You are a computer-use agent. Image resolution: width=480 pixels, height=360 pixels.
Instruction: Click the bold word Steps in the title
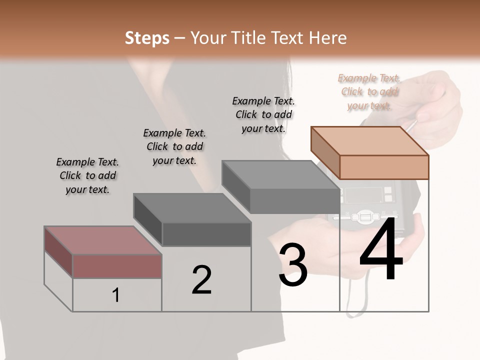(x=147, y=38)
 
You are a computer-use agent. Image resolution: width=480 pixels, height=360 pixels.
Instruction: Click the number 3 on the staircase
(x=293, y=265)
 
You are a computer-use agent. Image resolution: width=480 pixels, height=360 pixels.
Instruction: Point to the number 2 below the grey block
(x=201, y=280)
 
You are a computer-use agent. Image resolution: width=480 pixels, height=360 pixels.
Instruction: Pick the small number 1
(x=116, y=295)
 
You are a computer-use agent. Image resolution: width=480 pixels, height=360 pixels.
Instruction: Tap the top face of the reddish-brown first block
(x=102, y=240)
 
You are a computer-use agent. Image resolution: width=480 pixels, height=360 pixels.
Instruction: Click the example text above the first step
(x=87, y=175)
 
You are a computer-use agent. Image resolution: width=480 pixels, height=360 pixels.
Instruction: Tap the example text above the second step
(x=174, y=146)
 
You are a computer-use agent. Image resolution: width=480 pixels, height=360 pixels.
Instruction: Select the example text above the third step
(x=263, y=114)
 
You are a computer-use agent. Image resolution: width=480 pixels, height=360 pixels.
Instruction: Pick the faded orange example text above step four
(x=369, y=91)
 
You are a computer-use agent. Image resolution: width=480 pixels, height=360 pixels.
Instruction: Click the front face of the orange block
(x=384, y=167)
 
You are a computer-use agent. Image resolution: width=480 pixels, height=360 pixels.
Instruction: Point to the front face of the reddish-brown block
(x=117, y=266)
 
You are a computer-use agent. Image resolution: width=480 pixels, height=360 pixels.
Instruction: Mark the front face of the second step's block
(x=206, y=234)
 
